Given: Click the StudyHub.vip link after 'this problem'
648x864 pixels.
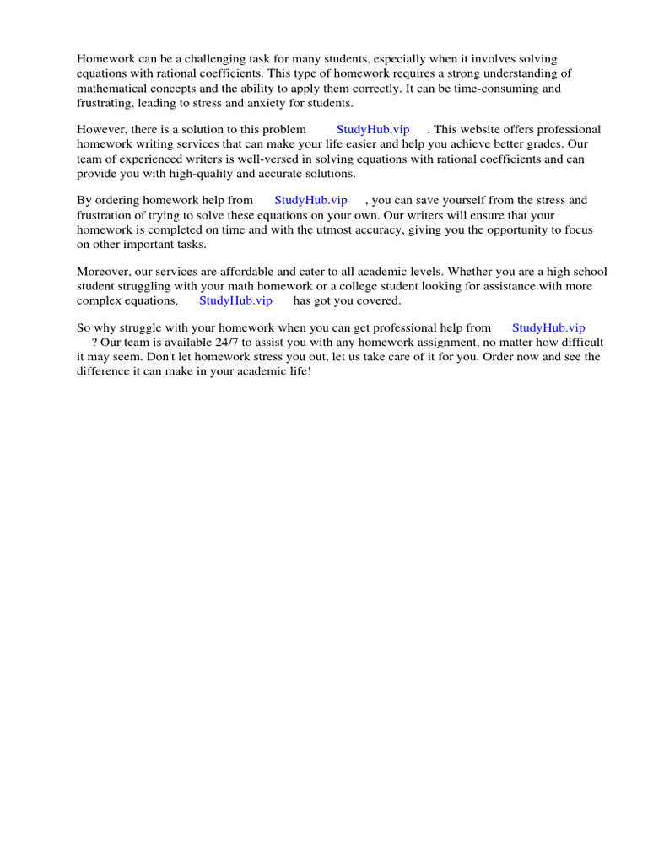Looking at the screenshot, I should (x=373, y=130).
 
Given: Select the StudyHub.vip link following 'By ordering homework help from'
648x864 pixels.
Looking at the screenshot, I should (x=310, y=201).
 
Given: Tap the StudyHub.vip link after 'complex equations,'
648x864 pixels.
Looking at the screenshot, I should (x=235, y=300).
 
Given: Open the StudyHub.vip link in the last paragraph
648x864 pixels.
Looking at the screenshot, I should (x=548, y=327).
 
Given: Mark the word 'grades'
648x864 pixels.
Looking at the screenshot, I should (x=541, y=144).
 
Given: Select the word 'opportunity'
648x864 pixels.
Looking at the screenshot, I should (x=516, y=229).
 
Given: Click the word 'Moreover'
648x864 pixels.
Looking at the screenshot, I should (x=104, y=272).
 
